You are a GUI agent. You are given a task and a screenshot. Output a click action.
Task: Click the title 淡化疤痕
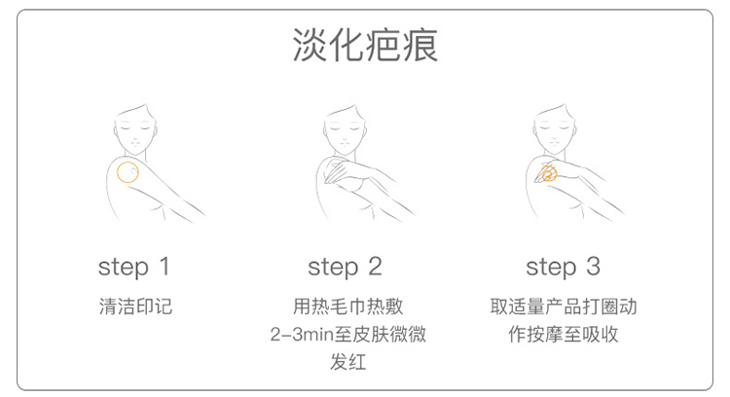click(365, 45)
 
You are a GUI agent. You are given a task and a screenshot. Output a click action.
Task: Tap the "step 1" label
click(134, 268)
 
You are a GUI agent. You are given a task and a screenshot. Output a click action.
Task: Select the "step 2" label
click(345, 268)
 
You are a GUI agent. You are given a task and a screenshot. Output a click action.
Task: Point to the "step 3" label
click(564, 268)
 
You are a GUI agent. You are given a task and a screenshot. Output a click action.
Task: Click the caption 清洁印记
click(135, 307)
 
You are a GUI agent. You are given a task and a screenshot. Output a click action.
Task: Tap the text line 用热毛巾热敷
click(348, 307)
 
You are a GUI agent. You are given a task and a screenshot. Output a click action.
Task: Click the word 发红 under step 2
click(348, 362)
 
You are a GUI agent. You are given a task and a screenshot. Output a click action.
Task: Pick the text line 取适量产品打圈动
click(564, 307)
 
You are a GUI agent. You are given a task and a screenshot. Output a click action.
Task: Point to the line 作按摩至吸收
click(564, 335)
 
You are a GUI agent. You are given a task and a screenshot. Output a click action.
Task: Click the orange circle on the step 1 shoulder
click(117, 172)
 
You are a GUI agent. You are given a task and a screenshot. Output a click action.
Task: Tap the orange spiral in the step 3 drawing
click(549, 173)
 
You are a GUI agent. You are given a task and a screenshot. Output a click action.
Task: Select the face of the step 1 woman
click(134, 131)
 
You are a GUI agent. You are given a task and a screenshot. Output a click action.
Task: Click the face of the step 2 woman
click(345, 131)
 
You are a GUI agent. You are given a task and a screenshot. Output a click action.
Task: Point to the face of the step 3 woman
click(554, 131)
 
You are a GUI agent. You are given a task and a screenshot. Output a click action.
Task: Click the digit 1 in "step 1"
click(164, 267)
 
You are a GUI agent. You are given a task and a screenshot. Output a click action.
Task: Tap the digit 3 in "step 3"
click(593, 267)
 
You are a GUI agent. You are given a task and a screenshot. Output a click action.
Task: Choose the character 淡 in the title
click(310, 45)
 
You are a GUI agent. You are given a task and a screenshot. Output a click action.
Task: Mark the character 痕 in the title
click(420, 45)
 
